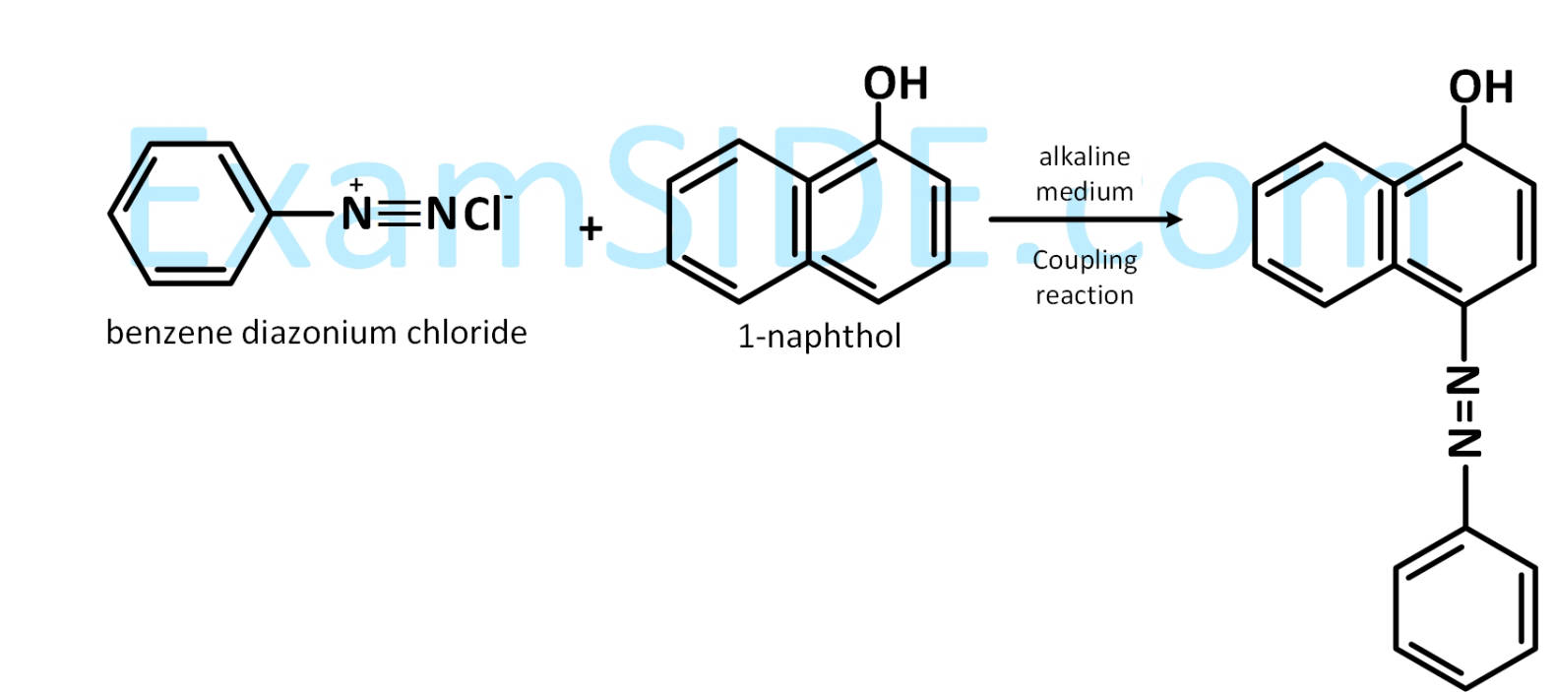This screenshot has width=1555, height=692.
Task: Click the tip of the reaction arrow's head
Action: [1182, 220]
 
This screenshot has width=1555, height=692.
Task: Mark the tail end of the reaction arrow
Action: [990, 220]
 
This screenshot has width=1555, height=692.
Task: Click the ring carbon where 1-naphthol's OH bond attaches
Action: [878, 142]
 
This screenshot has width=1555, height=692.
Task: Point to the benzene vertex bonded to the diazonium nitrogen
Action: [270, 214]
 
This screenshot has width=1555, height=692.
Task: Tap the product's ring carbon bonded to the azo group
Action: [1464, 305]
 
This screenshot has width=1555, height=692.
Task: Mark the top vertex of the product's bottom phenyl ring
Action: [1465, 529]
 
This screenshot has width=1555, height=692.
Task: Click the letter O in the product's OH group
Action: [1464, 88]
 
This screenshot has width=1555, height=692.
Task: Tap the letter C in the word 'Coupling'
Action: [1041, 260]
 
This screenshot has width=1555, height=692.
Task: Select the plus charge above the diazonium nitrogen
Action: [355, 185]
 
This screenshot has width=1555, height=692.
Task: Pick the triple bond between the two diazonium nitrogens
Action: [400, 214]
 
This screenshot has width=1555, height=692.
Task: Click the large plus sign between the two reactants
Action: [591, 229]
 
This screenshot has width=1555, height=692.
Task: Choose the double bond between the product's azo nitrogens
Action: [1464, 412]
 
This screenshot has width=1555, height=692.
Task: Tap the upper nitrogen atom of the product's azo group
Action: [1464, 380]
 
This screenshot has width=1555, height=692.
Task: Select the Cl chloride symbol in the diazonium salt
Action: [482, 216]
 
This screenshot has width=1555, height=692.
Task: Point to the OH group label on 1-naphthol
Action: [896, 84]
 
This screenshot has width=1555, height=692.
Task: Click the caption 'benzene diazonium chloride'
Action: [317, 333]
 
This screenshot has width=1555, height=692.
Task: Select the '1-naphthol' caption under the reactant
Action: [819, 337]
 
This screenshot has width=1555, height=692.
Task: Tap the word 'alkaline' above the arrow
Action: [1085, 157]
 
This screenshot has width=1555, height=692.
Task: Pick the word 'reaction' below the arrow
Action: [1085, 295]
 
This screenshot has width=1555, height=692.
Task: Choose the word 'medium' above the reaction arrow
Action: [1085, 192]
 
